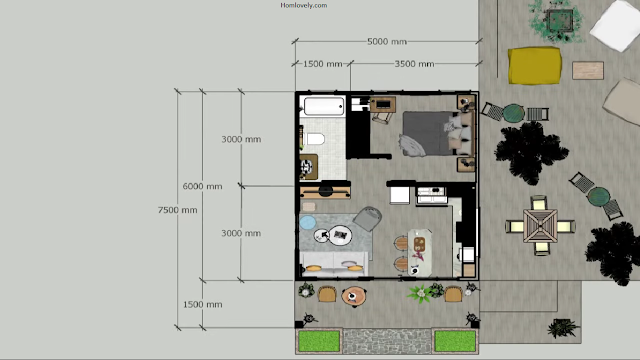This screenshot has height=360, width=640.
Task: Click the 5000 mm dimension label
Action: [387, 42]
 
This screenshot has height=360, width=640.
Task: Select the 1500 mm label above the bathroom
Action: [322, 64]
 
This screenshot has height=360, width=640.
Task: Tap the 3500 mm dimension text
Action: [414, 64]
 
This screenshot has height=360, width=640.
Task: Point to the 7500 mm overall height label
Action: [178, 210]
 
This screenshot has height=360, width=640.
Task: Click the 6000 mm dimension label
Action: [202, 187]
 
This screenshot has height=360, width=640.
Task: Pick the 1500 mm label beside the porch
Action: [202, 304]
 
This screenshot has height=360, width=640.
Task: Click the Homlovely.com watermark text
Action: [304, 5]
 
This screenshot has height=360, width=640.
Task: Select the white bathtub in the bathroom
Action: [324, 107]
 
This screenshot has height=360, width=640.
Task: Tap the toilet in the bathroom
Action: [315, 139]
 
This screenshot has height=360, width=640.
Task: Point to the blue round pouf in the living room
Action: [308, 222]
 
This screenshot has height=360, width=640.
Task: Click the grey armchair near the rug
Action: [367, 218]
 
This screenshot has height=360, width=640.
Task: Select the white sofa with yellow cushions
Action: [334, 263]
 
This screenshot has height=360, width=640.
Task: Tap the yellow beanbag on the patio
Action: [535, 65]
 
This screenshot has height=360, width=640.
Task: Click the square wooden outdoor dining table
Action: [540, 226]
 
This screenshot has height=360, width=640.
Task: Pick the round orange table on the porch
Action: [353, 296]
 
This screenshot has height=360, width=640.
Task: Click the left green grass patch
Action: [319, 341]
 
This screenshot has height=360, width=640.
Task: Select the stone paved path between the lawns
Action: [387, 341]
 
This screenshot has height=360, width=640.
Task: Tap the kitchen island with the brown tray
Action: [420, 252]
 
